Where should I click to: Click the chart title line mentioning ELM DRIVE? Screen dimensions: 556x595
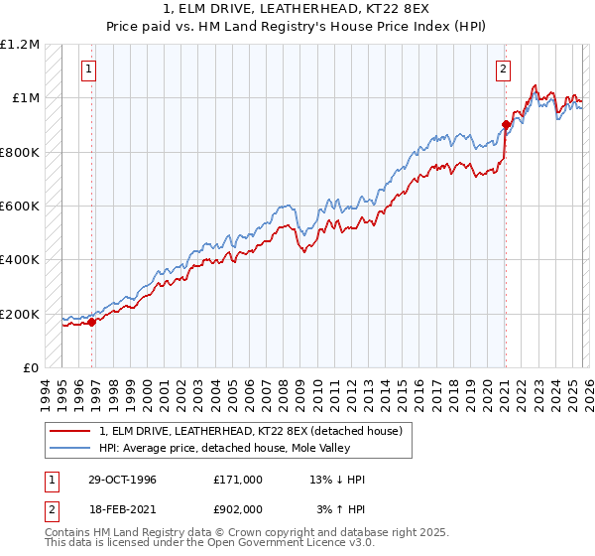[x=297, y=9]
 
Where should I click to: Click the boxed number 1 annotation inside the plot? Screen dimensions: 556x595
[x=90, y=69]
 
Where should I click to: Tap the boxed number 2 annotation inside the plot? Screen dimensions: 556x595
[x=504, y=69]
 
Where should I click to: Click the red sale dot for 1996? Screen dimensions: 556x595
[x=92, y=322]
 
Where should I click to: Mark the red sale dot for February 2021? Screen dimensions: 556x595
[x=505, y=125]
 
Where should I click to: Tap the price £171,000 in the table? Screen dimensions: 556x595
[x=238, y=480]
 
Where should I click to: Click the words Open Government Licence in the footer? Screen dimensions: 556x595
[x=259, y=543]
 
